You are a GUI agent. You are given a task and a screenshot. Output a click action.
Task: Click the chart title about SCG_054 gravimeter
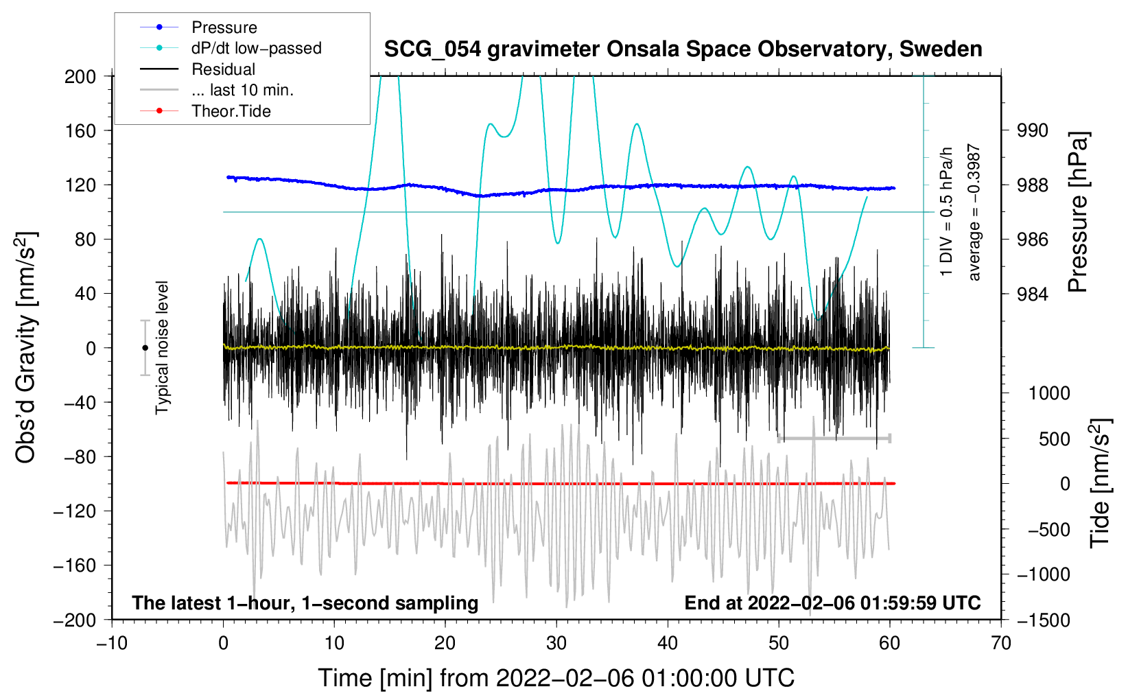[x=683, y=49]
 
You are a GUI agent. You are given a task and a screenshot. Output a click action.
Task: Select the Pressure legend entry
[x=224, y=27]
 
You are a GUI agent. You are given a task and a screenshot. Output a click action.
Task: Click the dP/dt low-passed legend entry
[x=256, y=48]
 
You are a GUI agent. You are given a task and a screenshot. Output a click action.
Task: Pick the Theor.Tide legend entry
[x=231, y=111]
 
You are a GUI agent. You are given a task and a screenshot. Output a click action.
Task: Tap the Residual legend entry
[x=223, y=69]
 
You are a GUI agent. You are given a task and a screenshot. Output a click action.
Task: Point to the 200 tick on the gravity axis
[x=80, y=76]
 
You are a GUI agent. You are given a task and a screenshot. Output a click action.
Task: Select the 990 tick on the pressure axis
[x=1033, y=130]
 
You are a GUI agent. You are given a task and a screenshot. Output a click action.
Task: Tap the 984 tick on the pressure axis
[x=1033, y=294]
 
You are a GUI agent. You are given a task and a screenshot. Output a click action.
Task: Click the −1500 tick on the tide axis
[x=1043, y=620]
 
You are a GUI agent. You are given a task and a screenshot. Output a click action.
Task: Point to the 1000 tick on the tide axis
[x=1048, y=393]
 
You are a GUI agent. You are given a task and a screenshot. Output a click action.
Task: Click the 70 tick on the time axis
[x=1001, y=644]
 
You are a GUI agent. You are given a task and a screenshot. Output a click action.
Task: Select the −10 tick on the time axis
[x=112, y=644]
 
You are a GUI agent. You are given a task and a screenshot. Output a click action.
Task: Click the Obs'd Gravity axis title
[x=26, y=347]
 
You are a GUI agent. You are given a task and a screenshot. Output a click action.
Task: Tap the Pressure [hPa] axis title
[x=1078, y=213]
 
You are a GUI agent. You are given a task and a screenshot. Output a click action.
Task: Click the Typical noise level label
[x=162, y=347]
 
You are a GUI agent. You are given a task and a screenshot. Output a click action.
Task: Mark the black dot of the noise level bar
[x=145, y=348]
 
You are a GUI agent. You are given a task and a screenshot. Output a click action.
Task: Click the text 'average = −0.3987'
[x=974, y=212]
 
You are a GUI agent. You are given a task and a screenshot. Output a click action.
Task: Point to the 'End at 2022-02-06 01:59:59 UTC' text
[x=832, y=603]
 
